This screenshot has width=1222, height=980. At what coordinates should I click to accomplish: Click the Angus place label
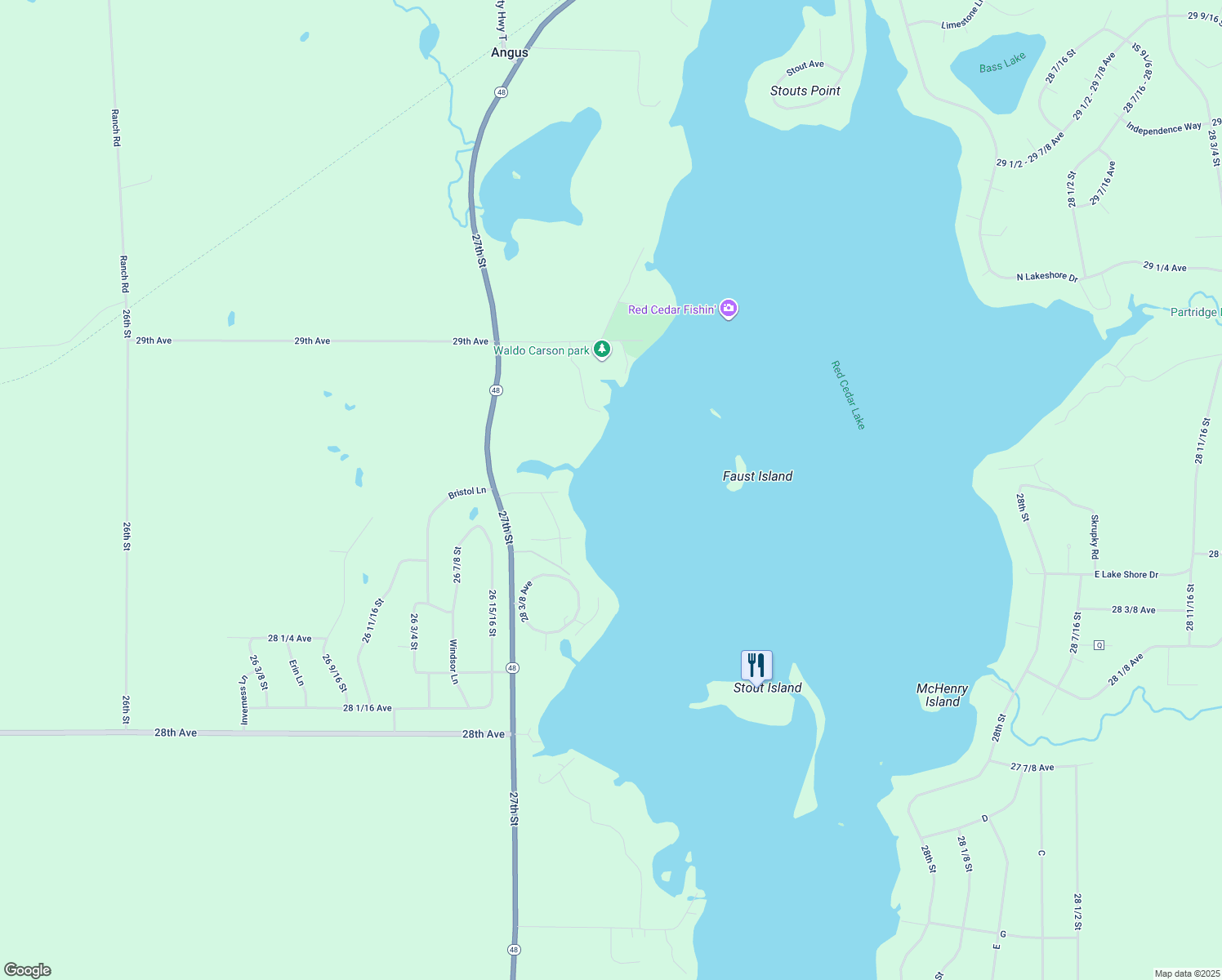(510, 52)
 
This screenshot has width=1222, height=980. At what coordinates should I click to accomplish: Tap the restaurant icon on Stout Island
(756, 666)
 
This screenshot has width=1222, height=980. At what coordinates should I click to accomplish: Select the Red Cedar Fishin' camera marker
(729, 309)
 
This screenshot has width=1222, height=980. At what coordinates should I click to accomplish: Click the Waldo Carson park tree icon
(602, 350)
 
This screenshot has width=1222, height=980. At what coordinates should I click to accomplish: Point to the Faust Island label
(757, 476)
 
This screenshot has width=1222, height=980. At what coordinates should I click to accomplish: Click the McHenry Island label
(942, 695)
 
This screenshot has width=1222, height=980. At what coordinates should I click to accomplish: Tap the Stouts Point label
(805, 91)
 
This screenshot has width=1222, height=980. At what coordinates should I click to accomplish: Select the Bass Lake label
(1002, 63)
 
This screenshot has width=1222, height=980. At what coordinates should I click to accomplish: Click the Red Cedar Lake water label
(848, 394)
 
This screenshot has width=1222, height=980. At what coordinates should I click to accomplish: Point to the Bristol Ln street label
(467, 492)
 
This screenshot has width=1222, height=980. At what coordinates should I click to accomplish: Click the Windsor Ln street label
(453, 661)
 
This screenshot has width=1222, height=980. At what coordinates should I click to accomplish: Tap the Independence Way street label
(1163, 128)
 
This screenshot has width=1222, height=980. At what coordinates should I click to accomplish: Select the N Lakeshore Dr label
(1047, 277)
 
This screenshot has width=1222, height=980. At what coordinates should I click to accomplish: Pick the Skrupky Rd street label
(1095, 537)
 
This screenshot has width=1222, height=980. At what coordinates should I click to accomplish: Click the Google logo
(28, 970)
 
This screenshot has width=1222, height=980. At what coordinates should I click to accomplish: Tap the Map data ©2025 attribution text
(1187, 973)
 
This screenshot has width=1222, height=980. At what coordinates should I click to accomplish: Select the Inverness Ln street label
(243, 700)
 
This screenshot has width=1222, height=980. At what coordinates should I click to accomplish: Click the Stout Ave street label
(805, 66)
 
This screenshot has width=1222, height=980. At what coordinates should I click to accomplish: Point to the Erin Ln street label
(296, 672)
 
